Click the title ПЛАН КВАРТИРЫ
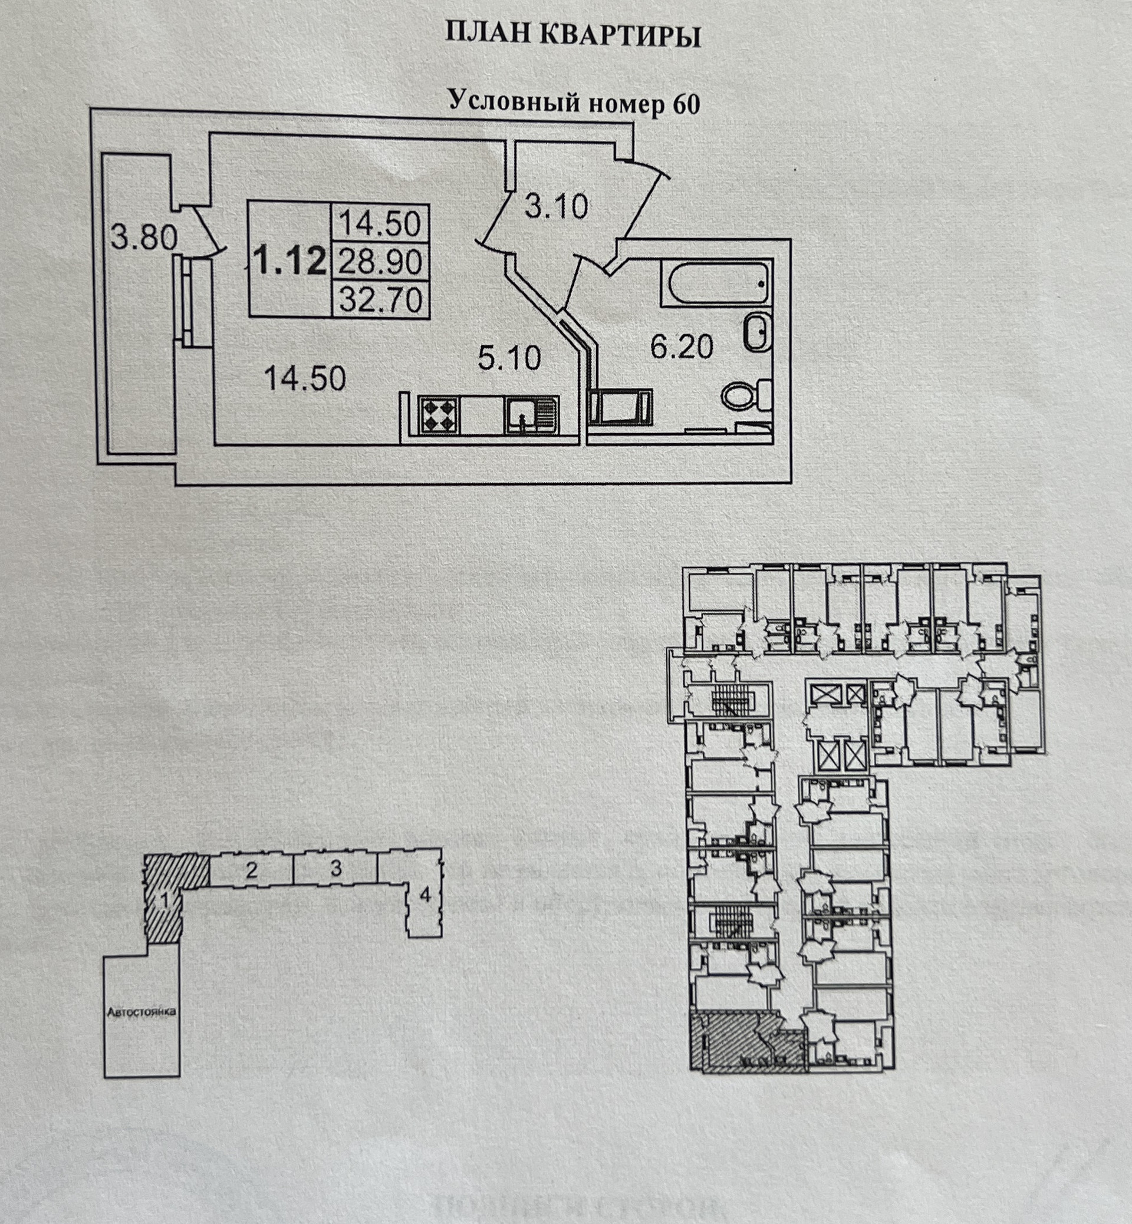pos(572,35)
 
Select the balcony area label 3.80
pos(143,237)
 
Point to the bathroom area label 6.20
pos(681,347)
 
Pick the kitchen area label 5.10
pos(509,358)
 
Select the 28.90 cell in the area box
pos(380,263)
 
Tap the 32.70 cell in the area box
pos(380,300)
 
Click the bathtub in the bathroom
pos(718,283)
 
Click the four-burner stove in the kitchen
pos(439,414)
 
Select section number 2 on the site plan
pos(251,870)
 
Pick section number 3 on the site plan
pos(335,868)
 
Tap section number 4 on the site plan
pos(424,895)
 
